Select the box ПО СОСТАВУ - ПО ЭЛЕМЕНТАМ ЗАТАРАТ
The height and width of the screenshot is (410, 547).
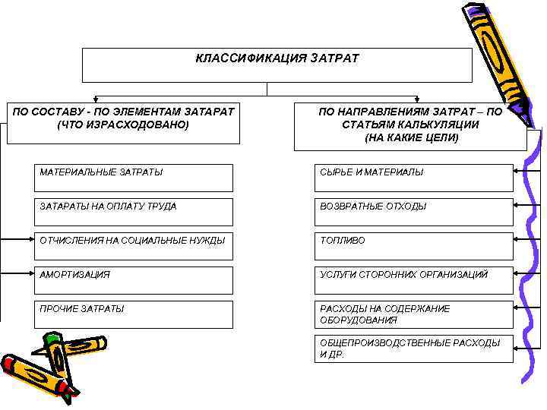point(123,122)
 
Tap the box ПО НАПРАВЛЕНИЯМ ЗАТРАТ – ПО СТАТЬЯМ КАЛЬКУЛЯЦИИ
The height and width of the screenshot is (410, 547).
point(411,125)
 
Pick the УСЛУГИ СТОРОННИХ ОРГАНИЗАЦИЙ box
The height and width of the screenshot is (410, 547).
point(414,280)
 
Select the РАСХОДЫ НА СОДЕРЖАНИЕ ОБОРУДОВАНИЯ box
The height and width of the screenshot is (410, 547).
point(414,314)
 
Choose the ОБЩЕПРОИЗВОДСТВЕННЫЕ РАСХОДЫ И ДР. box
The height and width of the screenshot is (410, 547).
point(414,348)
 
